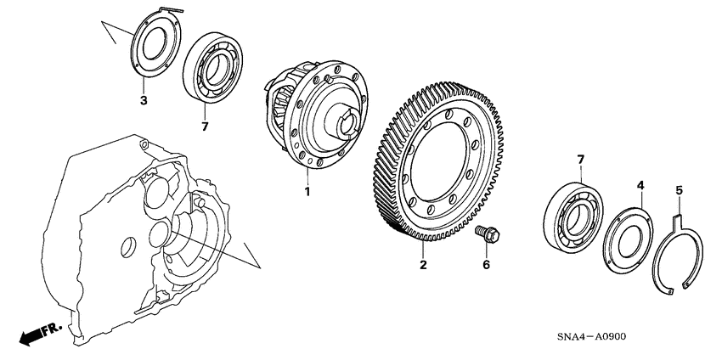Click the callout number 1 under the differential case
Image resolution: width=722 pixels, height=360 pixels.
pyautogui.click(x=307, y=192)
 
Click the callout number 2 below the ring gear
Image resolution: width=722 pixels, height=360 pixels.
pyautogui.click(x=422, y=266)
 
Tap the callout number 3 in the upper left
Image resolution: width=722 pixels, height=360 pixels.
pyautogui.click(x=144, y=101)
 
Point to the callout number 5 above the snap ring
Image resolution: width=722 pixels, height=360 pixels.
pyautogui.click(x=679, y=191)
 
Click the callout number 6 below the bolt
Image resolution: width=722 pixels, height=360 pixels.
pyautogui.click(x=487, y=266)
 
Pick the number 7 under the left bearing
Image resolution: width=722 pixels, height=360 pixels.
pyautogui.click(x=203, y=126)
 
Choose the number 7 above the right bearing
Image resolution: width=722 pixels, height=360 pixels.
pyautogui.click(x=579, y=160)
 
